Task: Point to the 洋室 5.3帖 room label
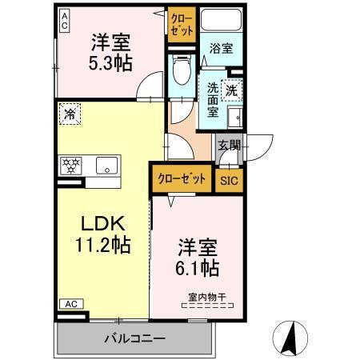click(x=110, y=52)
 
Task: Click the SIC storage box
click(x=229, y=179)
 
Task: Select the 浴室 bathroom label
click(x=221, y=49)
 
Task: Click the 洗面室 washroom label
click(x=213, y=99)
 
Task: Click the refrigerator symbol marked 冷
click(x=70, y=115)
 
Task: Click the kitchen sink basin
click(x=106, y=166)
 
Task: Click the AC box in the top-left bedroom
click(x=64, y=18)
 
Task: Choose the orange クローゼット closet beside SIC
click(x=182, y=178)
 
